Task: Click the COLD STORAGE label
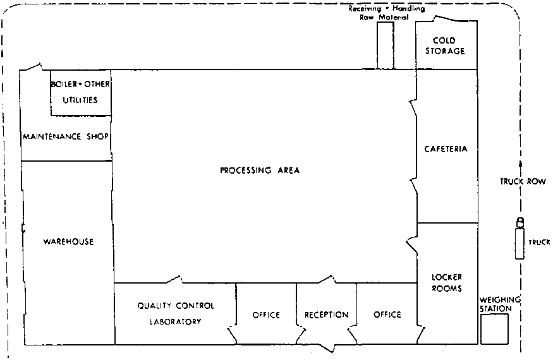click(x=445, y=46)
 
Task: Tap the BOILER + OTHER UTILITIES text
click(x=80, y=92)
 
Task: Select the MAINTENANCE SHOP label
click(x=66, y=136)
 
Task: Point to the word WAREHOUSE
click(x=68, y=241)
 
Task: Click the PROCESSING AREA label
click(x=260, y=171)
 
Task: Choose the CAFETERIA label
click(x=446, y=149)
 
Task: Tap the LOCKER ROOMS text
click(x=447, y=283)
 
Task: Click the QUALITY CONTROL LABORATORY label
click(x=176, y=313)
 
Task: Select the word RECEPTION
click(x=327, y=315)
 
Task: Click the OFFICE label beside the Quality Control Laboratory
click(x=266, y=315)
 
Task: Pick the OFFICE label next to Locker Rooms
click(x=387, y=314)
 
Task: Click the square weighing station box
click(x=495, y=329)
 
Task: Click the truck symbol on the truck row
click(x=520, y=238)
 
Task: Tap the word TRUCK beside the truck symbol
click(x=539, y=243)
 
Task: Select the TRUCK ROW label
click(x=523, y=182)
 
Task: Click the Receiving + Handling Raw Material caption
click(x=386, y=13)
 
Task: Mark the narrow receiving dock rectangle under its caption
click(x=386, y=45)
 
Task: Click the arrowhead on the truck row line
click(x=521, y=164)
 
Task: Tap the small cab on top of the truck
click(x=520, y=222)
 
